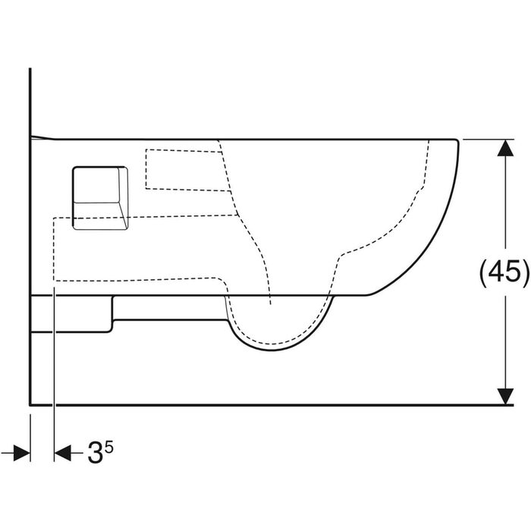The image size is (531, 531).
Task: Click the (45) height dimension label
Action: (504, 271)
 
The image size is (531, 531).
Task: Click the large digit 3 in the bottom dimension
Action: (95, 453)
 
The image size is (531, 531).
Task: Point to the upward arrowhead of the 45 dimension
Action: (505, 148)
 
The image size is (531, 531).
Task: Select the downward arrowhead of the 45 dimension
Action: (505, 396)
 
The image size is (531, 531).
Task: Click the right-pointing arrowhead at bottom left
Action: (22, 453)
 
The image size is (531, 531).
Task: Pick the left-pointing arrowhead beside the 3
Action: (63, 453)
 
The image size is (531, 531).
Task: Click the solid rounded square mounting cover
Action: (100, 198)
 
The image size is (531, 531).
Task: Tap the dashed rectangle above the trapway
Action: (188, 170)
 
